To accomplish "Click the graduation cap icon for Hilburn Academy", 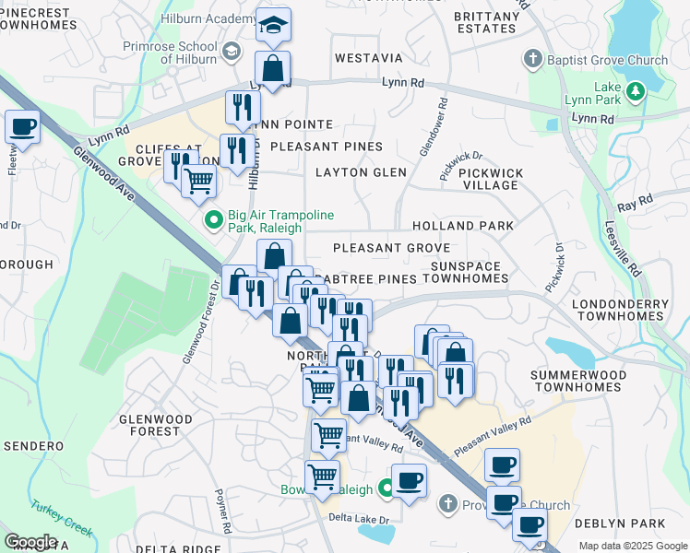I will (x=272, y=27).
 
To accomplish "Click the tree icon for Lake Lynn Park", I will (x=635, y=91).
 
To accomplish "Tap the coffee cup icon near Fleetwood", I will (x=22, y=126).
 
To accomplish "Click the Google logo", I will (x=30, y=542).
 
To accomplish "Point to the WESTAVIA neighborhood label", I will (x=369, y=58).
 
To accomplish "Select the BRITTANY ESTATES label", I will (x=486, y=22).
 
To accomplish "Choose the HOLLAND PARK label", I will (x=463, y=226).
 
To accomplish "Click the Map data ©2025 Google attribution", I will (x=633, y=546).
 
